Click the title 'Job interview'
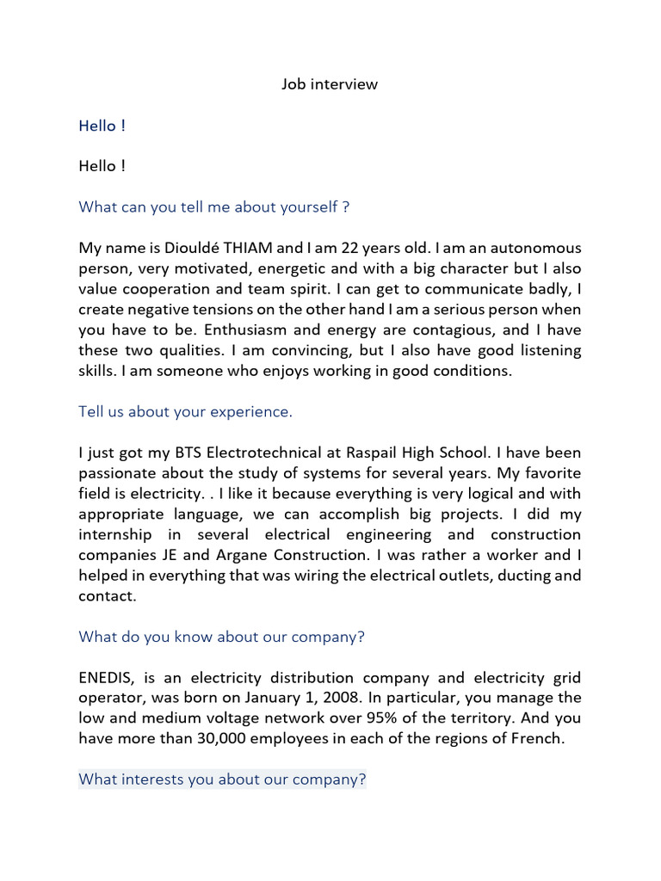(x=330, y=84)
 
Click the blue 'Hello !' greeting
(x=102, y=126)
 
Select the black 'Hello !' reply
(x=102, y=166)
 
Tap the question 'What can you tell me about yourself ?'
(x=213, y=207)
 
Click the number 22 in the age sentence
(x=350, y=248)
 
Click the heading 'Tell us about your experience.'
(x=186, y=412)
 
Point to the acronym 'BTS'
(x=185, y=453)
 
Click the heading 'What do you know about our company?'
(x=222, y=637)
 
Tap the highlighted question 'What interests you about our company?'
(x=222, y=779)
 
